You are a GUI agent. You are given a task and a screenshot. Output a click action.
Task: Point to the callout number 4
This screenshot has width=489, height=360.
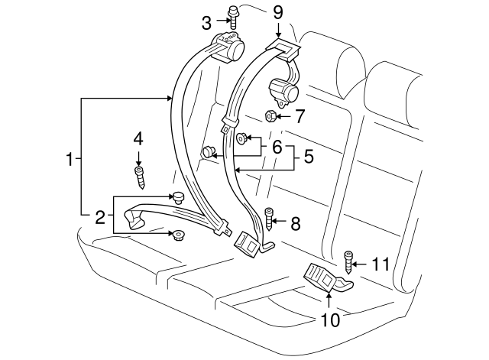(138, 139)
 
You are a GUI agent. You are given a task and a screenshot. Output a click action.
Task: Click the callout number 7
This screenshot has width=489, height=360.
(300, 117)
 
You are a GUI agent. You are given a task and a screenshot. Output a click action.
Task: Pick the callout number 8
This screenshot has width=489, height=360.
(296, 223)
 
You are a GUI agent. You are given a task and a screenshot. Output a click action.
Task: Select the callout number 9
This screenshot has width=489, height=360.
(277, 12)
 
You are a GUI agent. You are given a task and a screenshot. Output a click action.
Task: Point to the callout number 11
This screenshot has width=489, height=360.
(381, 264)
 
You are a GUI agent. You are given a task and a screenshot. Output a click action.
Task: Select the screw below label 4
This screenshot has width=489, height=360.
(139, 177)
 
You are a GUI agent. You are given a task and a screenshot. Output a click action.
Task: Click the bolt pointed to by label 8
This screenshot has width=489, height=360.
(269, 221)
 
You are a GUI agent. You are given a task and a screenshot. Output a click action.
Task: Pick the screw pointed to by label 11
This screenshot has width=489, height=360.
(349, 262)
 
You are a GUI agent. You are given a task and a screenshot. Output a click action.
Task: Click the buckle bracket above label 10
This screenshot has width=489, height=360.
(327, 276)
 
